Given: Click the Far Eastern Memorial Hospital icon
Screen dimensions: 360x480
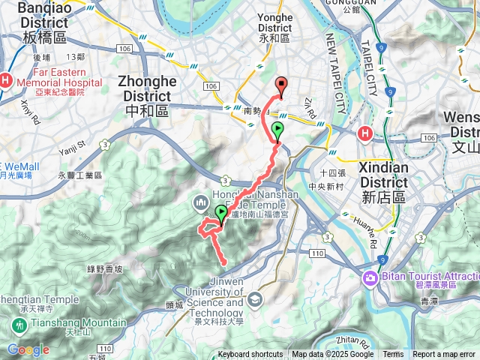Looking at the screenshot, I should pos(6,79).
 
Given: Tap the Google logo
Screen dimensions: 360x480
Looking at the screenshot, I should pos(28,349).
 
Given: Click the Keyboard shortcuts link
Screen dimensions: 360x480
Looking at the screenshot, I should pos(250,355).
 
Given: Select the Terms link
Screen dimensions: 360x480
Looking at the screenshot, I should pos(393,355).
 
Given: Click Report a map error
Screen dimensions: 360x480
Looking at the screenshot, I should pos(444,355).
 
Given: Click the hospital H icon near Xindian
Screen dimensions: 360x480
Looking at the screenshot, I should pos(365,134).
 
